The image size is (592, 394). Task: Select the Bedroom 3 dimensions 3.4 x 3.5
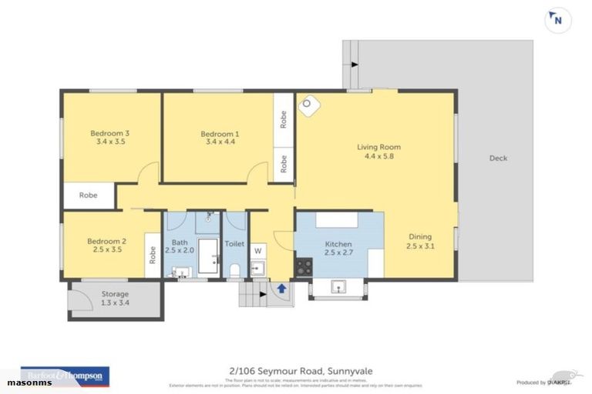click(x=110, y=142)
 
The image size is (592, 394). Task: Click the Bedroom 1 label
click(x=220, y=136)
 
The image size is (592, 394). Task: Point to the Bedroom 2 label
click(x=107, y=245)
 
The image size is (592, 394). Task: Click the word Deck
click(x=498, y=159)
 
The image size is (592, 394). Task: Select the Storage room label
click(x=114, y=298)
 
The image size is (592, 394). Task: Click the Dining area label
click(x=419, y=242)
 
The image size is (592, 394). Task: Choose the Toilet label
click(x=234, y=244)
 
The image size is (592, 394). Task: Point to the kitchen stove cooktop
click(x=304, y=267)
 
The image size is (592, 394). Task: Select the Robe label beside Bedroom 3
click(x=89, y=195)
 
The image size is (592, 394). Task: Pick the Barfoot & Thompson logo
click(x=65, y=375)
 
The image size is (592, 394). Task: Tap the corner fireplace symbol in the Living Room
click(x=309, y=105)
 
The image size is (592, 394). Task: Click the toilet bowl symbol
click(x=234, y=269)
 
